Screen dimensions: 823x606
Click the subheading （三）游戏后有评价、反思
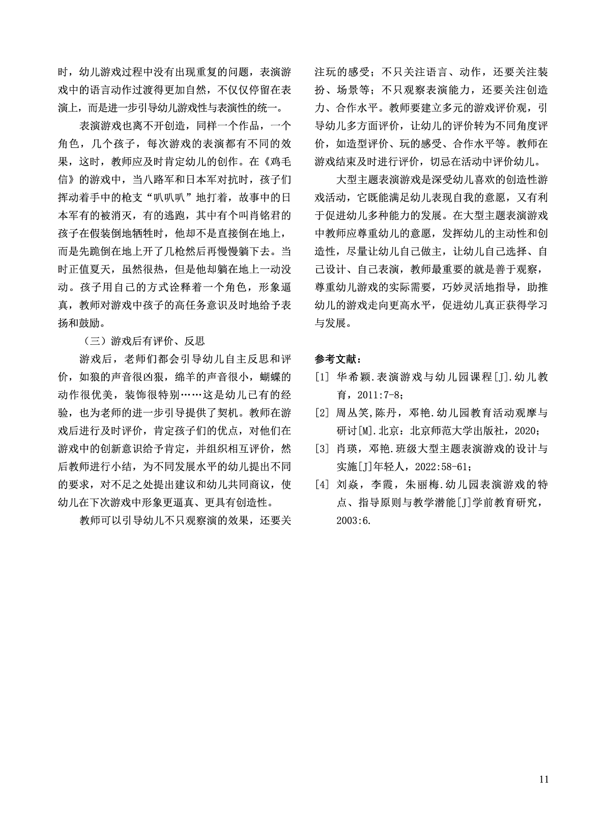pos(142,341)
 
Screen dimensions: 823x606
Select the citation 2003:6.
pos(353,520)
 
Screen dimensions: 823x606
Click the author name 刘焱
pos(347,484)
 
